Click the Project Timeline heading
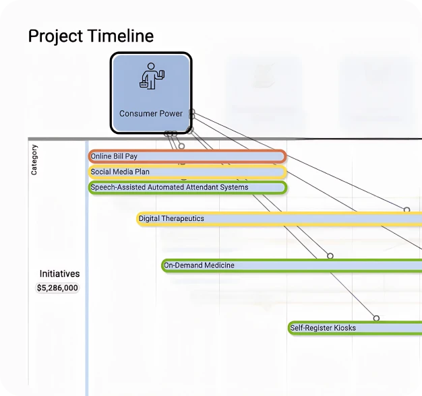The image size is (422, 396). (90, 36)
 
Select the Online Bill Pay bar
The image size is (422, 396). (187, 156)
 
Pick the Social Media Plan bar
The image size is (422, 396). (187, 172)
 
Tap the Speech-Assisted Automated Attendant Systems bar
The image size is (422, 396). (187, 187)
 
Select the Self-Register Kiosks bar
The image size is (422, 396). (355, 328)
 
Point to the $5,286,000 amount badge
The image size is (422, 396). (57, 288)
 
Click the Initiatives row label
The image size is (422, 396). (59, 273)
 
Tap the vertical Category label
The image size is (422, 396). (34, 160)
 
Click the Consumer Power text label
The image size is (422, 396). (151, 113)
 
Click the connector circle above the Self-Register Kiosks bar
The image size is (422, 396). (376, 318)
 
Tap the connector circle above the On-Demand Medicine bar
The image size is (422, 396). (330, 256)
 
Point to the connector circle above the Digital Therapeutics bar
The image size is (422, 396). (406, 210)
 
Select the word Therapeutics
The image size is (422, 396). (183, 218)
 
